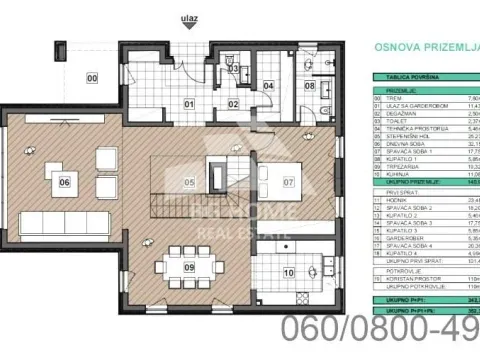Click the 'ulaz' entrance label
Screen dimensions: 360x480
pyautogui.click(x=189, y=17)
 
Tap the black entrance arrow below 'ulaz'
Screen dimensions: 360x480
pyautogui.click(x=189, y=31)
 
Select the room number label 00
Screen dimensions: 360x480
pyautogui.click(x=91, y=77)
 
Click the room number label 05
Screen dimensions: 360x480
pyautogui.click(x=188, y=182)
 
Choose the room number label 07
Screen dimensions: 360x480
pyautogui.click(x=288, y=182)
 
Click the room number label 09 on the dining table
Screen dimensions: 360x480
pyautogui.click(x=188, y=268)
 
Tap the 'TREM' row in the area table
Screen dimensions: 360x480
pyautogui.click(x=400, y=98)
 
